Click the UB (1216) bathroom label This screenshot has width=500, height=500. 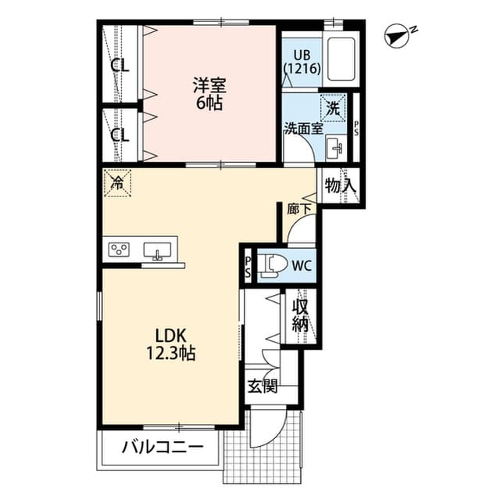(301, 61)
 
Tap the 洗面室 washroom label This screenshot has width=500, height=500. (302, 128)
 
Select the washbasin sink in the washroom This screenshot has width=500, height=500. (336, 146)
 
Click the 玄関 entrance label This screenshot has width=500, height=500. (262, 386)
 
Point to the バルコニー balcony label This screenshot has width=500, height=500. (162, 448)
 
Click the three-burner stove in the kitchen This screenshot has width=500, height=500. (120, 250)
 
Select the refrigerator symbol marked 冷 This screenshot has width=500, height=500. (117, 184)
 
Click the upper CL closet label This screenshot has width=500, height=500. (119, 66)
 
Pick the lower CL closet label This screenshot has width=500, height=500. (119, 134)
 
